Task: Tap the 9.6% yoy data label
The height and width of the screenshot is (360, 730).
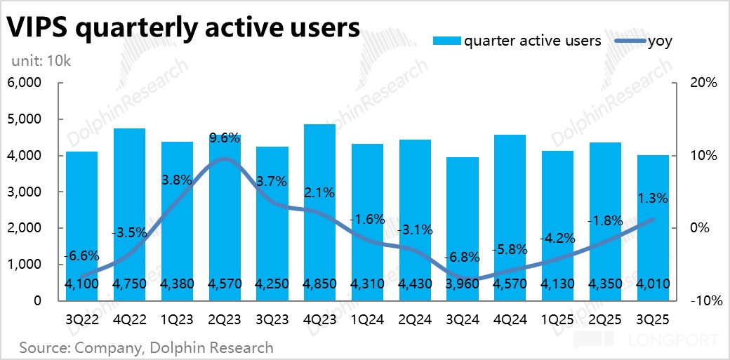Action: (x=225, y=138)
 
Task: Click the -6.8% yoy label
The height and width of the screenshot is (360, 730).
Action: (x=463, y=256)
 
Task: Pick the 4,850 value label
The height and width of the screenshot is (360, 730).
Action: (x=319, y=284)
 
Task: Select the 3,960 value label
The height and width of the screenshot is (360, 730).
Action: (x=463, y=284)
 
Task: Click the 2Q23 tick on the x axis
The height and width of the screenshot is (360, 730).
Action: (x=225, y=319)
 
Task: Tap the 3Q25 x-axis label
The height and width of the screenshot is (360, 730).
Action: (x=653, y=319)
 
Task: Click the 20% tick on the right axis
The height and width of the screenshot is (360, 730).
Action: (x=703, y=83)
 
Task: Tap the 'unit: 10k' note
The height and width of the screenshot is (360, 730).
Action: (x=41, y=61)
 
